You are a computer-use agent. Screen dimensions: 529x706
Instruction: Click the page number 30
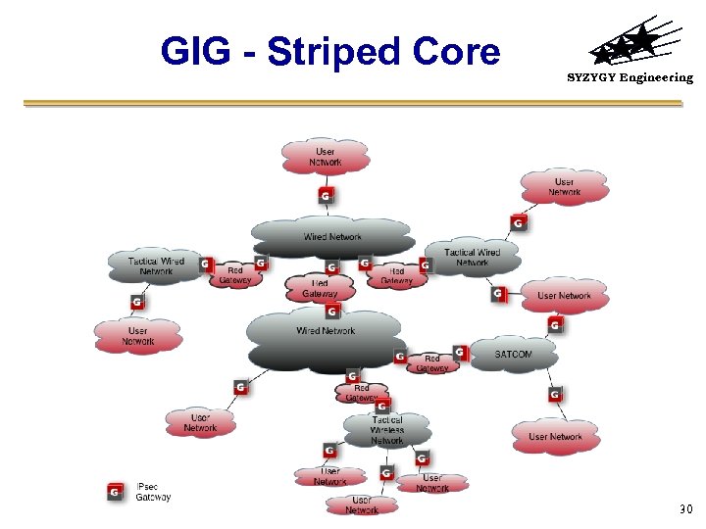coord(684,509)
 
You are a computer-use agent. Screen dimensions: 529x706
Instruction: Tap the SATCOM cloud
coord(513,355)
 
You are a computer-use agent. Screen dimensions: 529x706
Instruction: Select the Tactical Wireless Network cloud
coord(387,430)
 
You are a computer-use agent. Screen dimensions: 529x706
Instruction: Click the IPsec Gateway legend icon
coord(115,491)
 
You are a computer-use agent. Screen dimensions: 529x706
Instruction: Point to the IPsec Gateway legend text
coord(153,491)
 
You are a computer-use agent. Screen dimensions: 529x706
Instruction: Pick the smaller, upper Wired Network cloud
coord(332,236)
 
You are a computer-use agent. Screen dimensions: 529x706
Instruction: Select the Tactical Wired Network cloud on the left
coord(156,265)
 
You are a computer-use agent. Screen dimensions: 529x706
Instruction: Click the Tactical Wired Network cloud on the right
coord(472,257)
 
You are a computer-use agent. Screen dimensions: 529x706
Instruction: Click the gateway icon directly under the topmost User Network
coord(326,197)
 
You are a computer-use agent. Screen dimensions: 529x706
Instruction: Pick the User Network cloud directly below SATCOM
coord(555,436)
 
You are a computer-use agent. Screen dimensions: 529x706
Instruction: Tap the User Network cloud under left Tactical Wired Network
coord(138,336)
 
